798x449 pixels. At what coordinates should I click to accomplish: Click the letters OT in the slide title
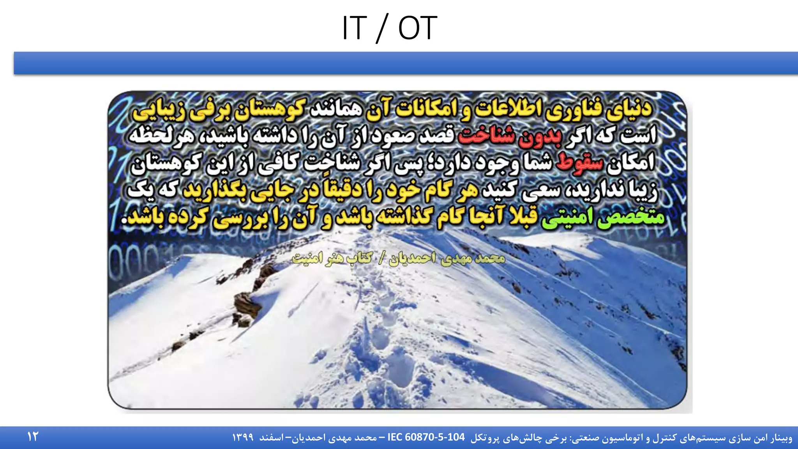pyautogui.click(x=417, y=28)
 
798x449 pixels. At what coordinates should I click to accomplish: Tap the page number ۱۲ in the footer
pyautogui.click(x=33, y=437)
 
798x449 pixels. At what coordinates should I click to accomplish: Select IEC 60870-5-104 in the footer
pyautogui.click(x=426, y=437)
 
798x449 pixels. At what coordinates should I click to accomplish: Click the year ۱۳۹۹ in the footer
pyautogui.click(x=243, y=438)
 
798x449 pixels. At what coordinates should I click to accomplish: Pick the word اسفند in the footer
pyautogui.click(x=272, y=438)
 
